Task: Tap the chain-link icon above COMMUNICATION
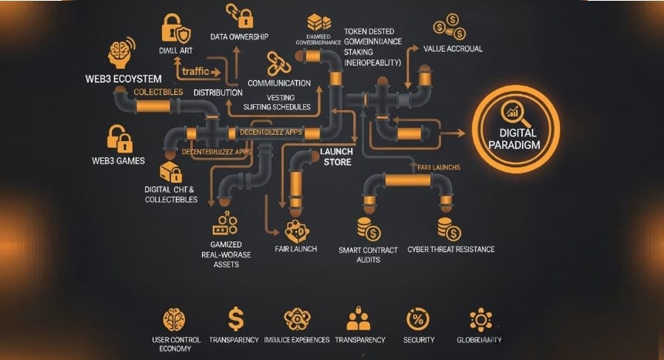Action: (279, 62)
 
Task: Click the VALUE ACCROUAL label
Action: (453, 48)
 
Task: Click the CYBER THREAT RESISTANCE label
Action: (450, 250)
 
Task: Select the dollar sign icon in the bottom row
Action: (235, 318)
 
